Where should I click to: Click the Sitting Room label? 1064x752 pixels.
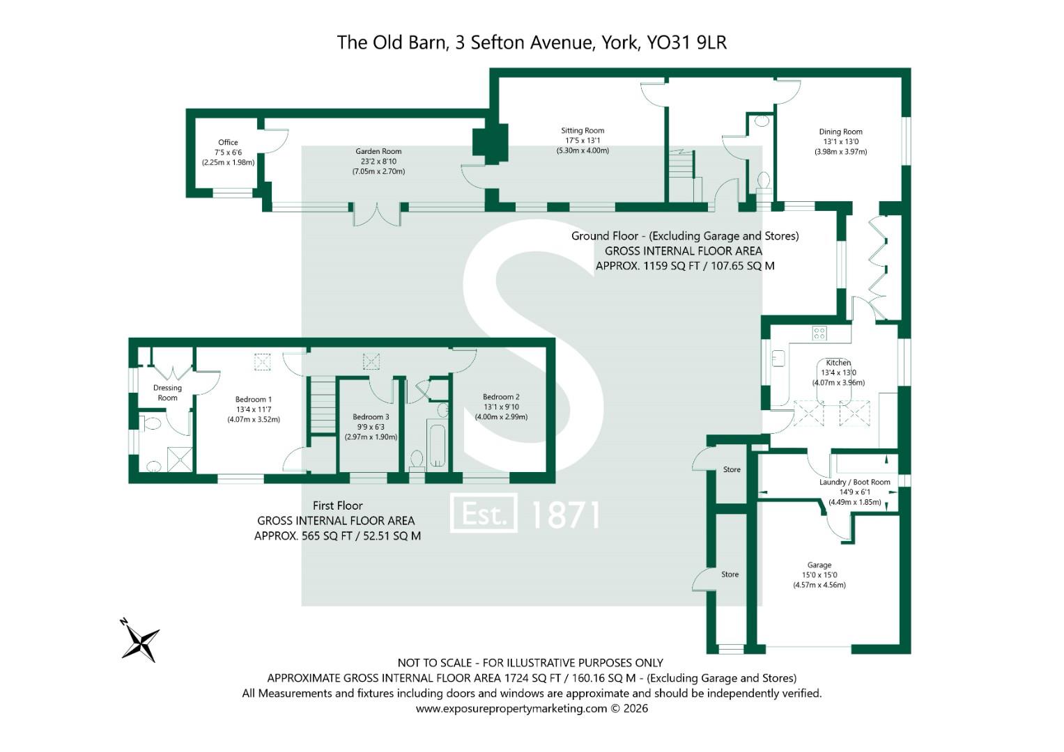pyautogui.click(x=583, y=131)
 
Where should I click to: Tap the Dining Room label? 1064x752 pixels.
pyautogui.click(x=840, y=132)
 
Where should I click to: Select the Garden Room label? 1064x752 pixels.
pyautogui.click(x=378, y=152)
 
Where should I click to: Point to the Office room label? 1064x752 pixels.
pyautogui.click(x=228, y=143)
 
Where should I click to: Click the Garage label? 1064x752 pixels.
pyautogui.click(x=819, y=565)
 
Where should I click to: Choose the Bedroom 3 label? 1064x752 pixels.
pyautogui.click(x=371, y=417)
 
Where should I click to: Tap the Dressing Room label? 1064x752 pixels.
pyautogui.click(x=167, y=393)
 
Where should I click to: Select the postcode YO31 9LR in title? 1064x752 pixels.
pyautogui.click(x=687, y=42)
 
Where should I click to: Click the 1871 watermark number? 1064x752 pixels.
pyautogui.click(x=565, y=515)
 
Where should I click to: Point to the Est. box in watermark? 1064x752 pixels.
pyautogui.click(x=484, y=512)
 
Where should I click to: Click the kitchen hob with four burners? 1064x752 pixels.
pyautogui.click(x=819, y=333)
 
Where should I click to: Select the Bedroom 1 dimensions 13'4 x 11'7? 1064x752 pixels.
pyautogui.click(x=254, y=409)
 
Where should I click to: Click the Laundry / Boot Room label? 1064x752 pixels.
pyautogui.click(x=854, y=482)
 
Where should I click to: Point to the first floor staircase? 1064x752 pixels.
pyautogui.click(x=323, y=405)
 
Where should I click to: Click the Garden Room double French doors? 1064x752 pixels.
pyautogui.click(x=378, y=214)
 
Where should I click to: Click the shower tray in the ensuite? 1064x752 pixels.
pyautogui.click(x=180, y=459)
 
